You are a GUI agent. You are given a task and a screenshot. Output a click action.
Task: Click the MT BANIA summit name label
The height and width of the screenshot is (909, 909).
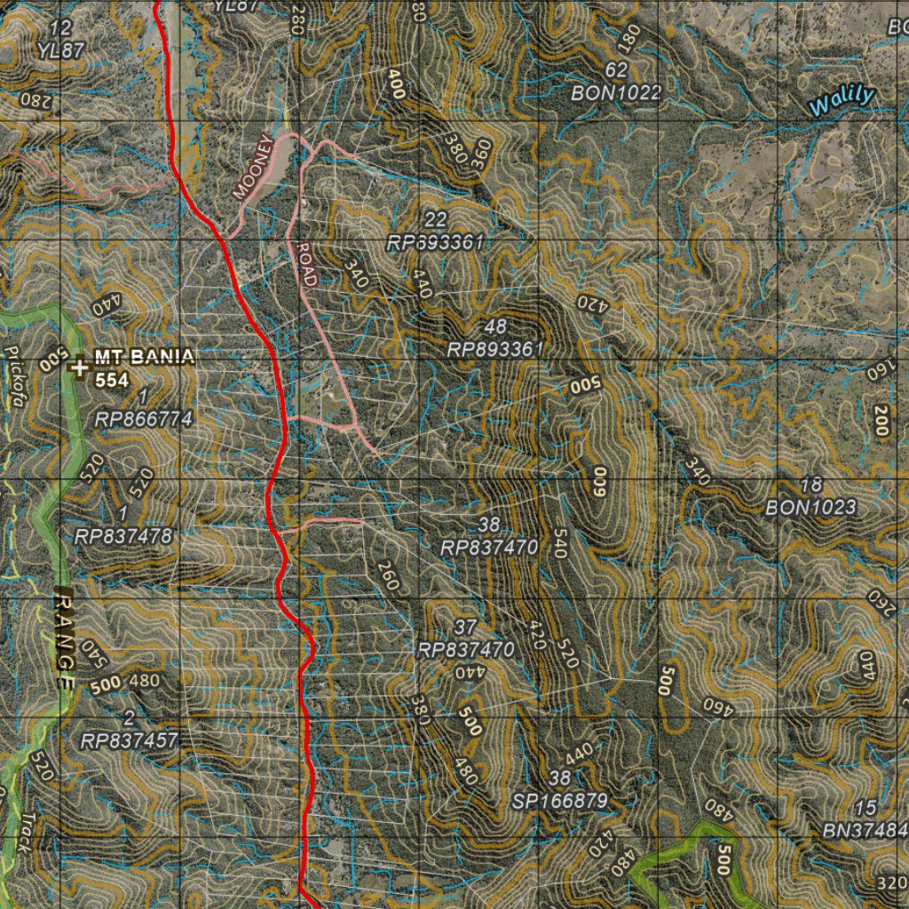coord(144,358)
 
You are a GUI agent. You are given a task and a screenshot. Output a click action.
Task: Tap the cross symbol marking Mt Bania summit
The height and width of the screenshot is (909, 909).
coord(81,366)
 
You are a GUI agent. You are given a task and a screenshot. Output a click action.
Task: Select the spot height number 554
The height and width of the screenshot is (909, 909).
coord(113,380)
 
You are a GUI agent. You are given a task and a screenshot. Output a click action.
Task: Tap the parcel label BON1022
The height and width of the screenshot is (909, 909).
coord(616,92)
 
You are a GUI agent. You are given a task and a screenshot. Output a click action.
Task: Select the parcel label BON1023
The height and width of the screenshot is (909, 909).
coord(811,508)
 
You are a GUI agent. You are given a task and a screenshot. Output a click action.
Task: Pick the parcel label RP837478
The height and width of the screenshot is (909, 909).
coord(123,536)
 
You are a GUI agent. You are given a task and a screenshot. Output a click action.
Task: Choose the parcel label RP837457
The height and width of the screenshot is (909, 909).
coord(130,740)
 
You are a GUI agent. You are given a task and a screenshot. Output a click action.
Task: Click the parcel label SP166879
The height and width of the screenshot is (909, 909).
coord(560,802)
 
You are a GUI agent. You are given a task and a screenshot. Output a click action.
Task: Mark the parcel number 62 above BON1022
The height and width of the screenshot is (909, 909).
coord(616,70)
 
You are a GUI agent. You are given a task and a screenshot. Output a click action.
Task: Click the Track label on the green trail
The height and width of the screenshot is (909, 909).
coord(28,832)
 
